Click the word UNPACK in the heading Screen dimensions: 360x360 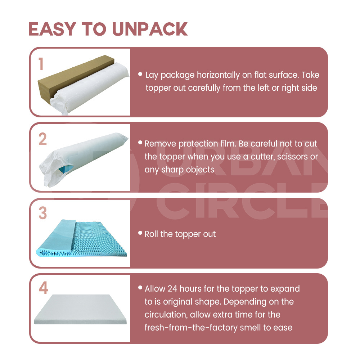click(150, 29)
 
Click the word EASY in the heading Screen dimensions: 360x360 click(52, 29)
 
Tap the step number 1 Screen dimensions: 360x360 click(41, 64)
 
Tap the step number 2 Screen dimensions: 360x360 click(43, 139)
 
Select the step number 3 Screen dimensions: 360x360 click(43, 213)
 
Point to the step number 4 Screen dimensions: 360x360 click(43, 288)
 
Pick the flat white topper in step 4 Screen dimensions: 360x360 click(80, 309)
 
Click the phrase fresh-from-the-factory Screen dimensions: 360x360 click(191, 327)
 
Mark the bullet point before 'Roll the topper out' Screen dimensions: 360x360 click(140, 233)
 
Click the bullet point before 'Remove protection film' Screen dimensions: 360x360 click(140, 143)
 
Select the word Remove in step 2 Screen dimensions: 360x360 click(160, 144)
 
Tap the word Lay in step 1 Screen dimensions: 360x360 click(152, 75)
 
